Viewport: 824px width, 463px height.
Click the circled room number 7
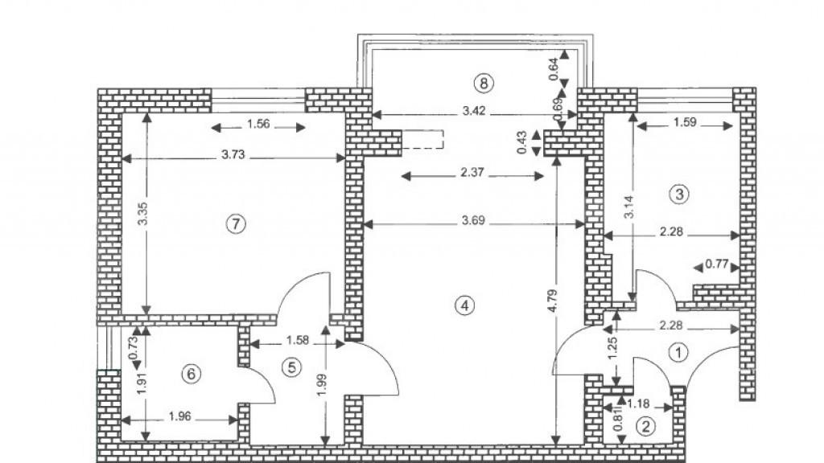coord(234,224)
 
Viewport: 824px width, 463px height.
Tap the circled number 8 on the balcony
coord(483,82)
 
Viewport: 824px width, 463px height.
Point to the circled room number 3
coord(680,194)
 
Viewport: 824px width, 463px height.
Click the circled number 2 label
coord(645,427)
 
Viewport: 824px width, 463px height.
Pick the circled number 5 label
coord(291,367)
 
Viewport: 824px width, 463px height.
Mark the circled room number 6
coord(190,374)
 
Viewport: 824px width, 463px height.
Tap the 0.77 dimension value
coord(717,264)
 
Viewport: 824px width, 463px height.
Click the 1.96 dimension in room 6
coord(179,417)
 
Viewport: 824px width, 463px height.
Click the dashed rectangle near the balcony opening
coord(423,138)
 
